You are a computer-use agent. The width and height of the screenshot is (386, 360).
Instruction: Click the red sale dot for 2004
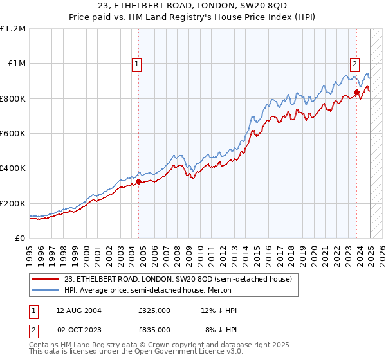138,181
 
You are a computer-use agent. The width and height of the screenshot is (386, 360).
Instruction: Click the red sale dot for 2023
356,93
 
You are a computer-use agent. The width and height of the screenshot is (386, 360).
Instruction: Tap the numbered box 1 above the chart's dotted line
138,63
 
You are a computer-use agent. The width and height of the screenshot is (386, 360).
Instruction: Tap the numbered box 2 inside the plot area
354,63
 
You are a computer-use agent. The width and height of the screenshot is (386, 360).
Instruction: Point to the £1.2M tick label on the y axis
13,29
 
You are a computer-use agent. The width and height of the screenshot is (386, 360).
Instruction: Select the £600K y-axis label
13,134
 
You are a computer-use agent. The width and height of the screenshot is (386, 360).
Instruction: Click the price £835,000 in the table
154,329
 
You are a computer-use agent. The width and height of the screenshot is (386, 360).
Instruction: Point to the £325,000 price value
154,310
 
